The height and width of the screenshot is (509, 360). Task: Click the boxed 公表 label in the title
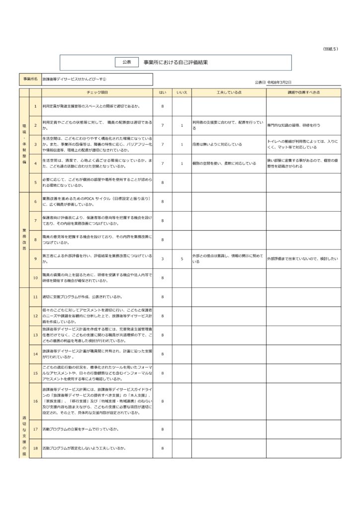[x=126, y=62]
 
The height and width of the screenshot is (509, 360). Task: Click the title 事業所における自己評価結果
[x=176, y=62]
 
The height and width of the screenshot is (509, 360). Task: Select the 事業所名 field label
[x=30, y=80]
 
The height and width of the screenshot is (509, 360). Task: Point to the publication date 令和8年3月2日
[x=279, y=82]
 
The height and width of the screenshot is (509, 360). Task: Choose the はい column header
[x=163, y=92]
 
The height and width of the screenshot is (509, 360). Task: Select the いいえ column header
[x=182, y=92]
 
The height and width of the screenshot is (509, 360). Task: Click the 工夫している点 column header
[x=229, y=92]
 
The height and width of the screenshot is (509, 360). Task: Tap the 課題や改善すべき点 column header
[x=303, y=92]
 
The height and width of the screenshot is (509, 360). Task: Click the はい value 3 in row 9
[x=163, y=258]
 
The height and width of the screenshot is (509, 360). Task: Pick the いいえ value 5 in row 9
[x=182, y=258]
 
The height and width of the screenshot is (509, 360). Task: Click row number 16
[x=35, y=401]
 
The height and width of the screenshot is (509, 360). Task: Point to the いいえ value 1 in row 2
[x=182, y=125]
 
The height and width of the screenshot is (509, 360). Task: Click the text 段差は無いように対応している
[x=217, y=144]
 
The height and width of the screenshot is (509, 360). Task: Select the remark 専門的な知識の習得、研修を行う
[x=294, y=125]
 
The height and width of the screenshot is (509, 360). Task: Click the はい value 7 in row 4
[x=163, y=163]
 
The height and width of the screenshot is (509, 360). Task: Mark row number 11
[x=35, y=297]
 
